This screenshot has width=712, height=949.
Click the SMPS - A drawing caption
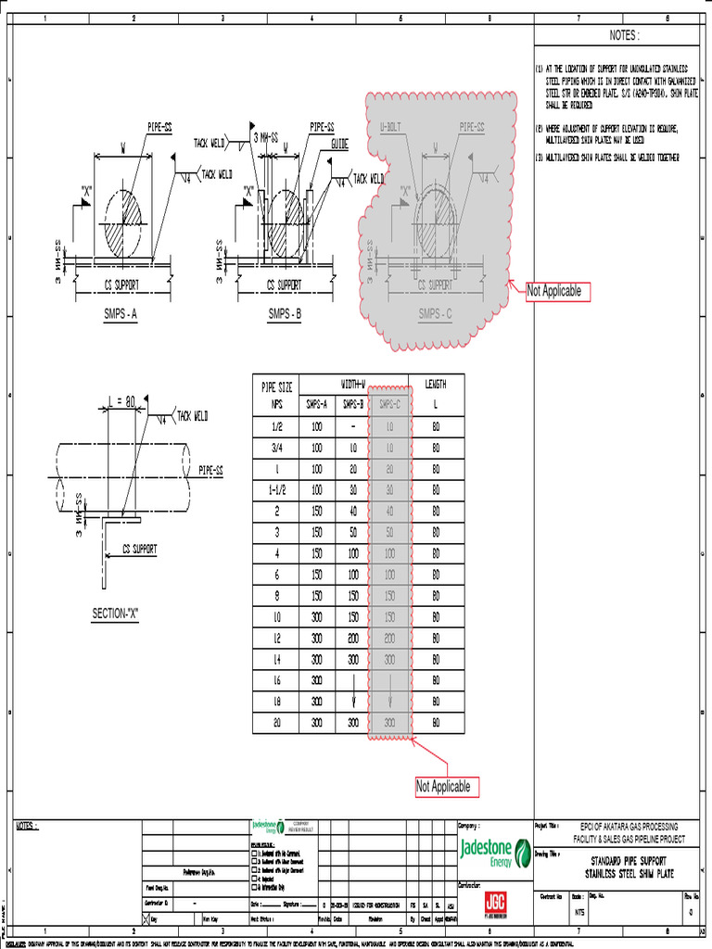click(121, 314)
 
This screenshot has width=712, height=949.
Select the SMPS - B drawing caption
click(285, 314)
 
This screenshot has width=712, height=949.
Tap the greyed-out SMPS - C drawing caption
click(435, 313)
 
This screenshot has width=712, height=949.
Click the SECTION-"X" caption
click(115, 614)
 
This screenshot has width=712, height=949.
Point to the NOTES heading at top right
click(624, 35)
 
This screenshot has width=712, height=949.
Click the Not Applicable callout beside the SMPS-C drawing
click(554, 291)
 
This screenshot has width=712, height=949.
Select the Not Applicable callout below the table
click(443, 787)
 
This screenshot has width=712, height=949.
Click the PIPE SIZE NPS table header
click(276, 393)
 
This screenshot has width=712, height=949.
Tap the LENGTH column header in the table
click(436, 384)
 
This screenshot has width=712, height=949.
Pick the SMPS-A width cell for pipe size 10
click(316, 617)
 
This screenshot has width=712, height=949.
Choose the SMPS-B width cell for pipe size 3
click(351, 532)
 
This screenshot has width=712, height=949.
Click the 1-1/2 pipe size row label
click(276, 489)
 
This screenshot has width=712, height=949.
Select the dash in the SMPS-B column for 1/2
click(351, 426)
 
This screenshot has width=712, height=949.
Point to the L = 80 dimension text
click(121, 401)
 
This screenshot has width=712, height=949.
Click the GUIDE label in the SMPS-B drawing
click(340, 145)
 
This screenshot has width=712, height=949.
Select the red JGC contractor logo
click(495, 903)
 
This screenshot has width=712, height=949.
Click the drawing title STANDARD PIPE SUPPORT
click(629, 862)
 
